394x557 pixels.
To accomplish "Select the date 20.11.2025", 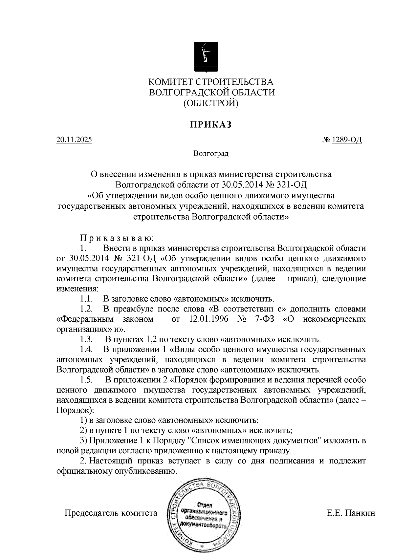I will [74, 140].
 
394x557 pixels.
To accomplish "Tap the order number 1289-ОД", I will [347, 140].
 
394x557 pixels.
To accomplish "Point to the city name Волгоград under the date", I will [211, 153].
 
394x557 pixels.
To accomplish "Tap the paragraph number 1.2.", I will [86, 309].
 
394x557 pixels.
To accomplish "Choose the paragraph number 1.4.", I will [86, 350].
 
